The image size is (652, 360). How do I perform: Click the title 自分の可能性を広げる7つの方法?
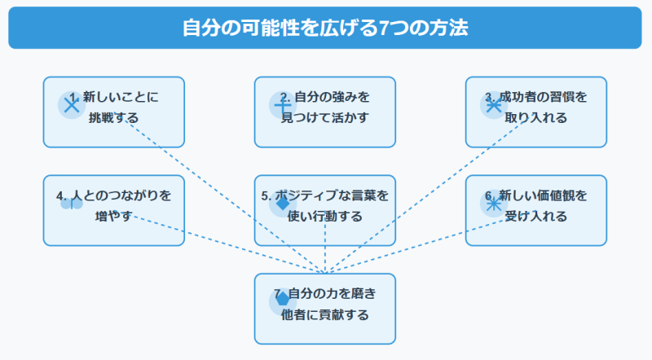(325, 27)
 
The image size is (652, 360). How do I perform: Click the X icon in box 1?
(72, 104)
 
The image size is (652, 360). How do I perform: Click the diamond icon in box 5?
(283, 204)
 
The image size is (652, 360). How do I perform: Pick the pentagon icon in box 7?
(283, 300)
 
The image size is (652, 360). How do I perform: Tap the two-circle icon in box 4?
(72, 204)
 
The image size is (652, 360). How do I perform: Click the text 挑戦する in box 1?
(113, 117)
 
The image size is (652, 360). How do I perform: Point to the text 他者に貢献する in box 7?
(324, 314)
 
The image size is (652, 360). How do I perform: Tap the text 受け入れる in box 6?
(535, 217)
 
